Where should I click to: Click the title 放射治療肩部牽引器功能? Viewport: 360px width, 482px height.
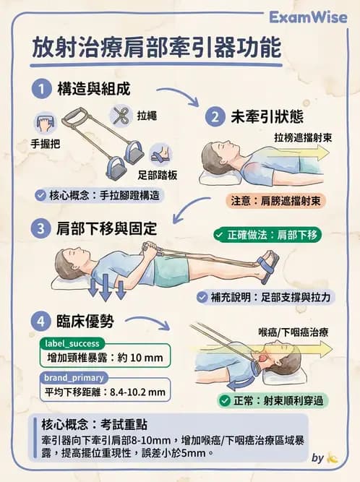click(x=155, y=49)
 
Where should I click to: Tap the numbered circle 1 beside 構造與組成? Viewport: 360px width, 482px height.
click(x=43, y=89)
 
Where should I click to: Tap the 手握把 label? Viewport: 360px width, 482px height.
click(x=46, y=143)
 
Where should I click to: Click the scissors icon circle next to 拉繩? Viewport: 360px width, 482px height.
click(x=120, y=114)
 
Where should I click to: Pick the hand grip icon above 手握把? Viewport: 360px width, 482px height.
click(x=45, y=122)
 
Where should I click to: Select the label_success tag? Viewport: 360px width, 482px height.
click(x=72, y=343)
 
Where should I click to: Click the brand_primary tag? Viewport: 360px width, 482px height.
click(x=74, y=377)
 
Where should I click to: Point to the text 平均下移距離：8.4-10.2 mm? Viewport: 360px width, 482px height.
click(x=105, y=392)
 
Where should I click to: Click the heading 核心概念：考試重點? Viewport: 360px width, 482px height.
click(x=87, y=424)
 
